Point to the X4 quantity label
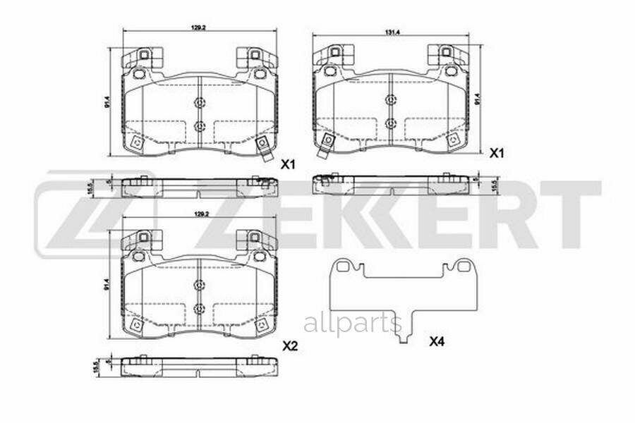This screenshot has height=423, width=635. (437, 343)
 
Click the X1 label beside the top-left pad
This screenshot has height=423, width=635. (287, 165)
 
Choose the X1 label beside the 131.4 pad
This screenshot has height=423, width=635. (497, 153)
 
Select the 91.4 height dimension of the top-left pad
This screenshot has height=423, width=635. (108, 102)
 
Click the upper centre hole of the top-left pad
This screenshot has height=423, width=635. (199, 103)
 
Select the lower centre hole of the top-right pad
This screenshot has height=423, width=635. (390, 123)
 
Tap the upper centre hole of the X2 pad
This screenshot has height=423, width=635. (199, 286)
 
